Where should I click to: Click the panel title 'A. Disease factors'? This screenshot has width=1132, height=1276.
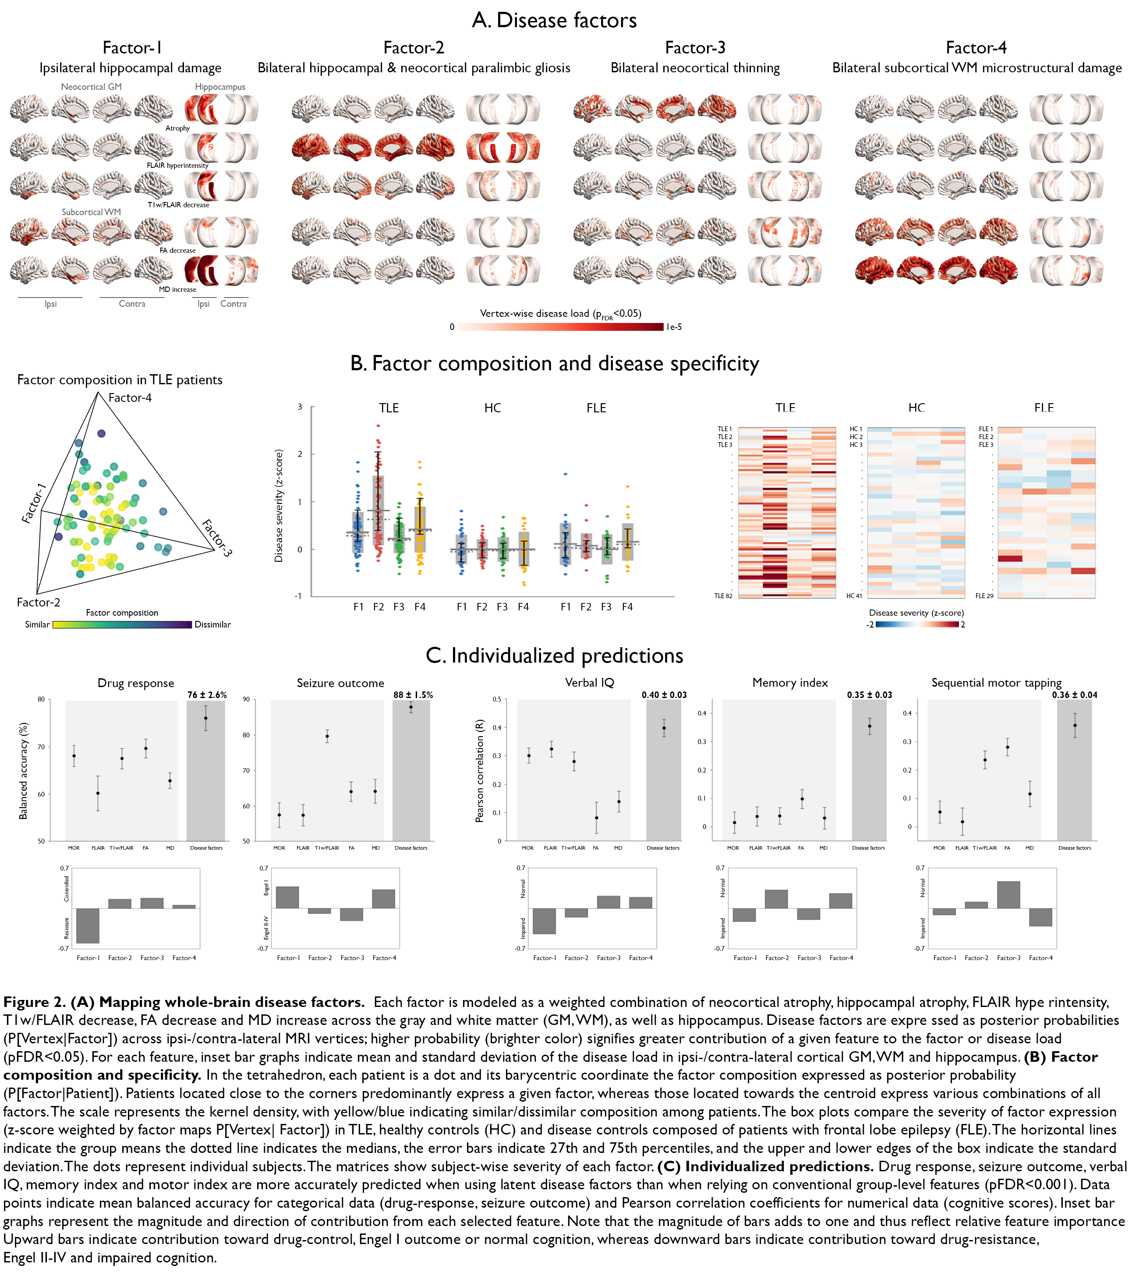pos(554,21)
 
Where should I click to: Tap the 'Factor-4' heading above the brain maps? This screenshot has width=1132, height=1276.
pos(976,48)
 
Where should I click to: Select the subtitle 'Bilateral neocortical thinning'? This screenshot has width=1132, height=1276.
pos(695,68)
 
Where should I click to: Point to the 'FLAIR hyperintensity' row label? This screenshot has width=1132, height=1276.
pos(177,166)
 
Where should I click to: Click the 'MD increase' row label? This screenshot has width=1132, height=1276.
pos(177,290)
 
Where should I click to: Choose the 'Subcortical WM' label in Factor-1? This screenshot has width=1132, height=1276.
pos(91,212)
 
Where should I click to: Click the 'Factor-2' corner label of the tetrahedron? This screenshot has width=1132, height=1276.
pos(38,603)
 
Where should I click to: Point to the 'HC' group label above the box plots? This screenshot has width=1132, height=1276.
pos(492,408)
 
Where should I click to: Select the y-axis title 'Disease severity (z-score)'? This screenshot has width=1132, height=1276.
pos(279,506)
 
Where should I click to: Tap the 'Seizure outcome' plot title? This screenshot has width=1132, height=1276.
pos(340,684)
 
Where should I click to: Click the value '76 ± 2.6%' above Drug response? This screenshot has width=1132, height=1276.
pos(207,695)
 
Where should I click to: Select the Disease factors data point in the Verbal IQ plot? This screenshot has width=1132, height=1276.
pos(664,728)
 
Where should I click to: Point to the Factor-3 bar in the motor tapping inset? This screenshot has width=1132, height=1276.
pos(1008,895)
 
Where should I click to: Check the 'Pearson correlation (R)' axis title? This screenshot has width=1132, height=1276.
pos(480,770)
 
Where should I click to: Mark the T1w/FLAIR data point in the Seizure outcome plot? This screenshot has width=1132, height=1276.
pos(327,737)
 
